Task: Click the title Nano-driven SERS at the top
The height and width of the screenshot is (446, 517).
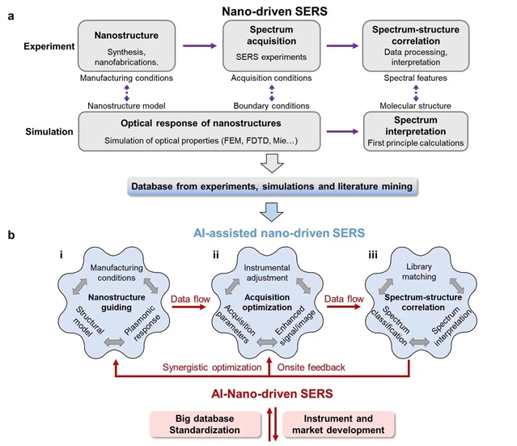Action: click(270, 11)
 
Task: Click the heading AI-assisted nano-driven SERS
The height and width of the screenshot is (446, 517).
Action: click(270, 233)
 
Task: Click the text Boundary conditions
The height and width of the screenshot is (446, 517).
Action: click(270, 105)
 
